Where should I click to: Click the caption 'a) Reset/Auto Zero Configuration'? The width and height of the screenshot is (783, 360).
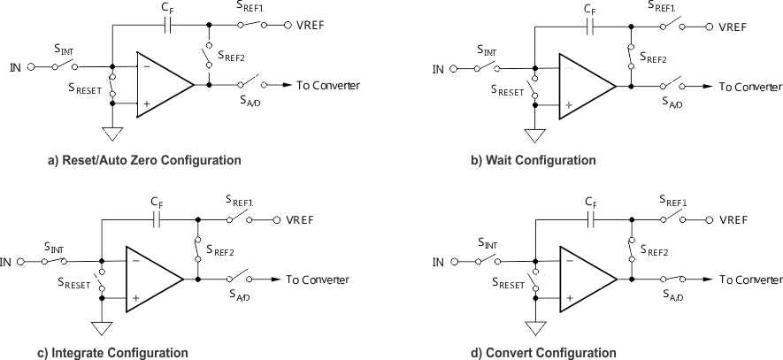pyautogui.click(x=144, y=161)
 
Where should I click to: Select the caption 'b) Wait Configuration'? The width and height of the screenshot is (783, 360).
pyautogui.click(x=533, y=161)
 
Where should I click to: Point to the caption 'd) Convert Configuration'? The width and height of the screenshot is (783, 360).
pyautogui.click(x=543, y=353)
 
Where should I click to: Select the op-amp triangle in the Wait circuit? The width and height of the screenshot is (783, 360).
pyautogui.click(x=586, y=86)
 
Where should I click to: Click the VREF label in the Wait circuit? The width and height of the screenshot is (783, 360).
pyautogui.click(x=733, y=27)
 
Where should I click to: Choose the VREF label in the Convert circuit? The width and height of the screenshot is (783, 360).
pyautogui.click(x=733, y=219)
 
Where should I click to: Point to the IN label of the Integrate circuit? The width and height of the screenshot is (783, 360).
pyautogui.click(x=6, y=262)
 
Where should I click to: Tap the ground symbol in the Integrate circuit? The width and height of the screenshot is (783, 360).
pyautogui.click(x=102, y=327)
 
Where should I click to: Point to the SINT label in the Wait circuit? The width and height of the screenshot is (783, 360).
pyautogui.click(x=487, y=50)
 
